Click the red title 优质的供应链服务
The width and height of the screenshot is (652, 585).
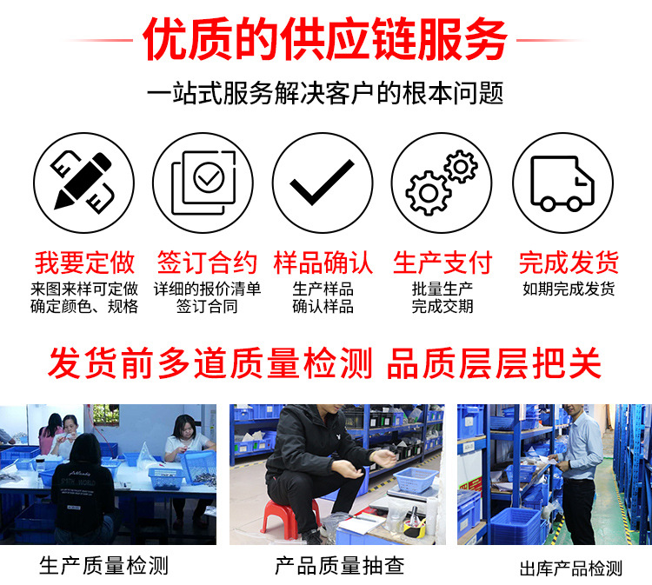pos(325,39)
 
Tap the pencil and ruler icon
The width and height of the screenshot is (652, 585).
pos(83,182)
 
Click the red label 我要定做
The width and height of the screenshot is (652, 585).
pos(84,262)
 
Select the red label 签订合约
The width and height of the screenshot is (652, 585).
pos(207,262)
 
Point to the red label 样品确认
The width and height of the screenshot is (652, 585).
pos(323,262)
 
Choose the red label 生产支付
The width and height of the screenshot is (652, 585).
pos(442,262)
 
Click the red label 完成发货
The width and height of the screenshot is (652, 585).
pos(569,262)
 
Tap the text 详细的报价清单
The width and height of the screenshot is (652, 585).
pos(207,289)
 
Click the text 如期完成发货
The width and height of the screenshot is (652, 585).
pos(569,289)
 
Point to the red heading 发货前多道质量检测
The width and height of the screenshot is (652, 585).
pos(210,362)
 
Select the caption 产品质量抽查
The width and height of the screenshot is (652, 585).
pos(340,566)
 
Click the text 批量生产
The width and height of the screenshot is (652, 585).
pos(442,289)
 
